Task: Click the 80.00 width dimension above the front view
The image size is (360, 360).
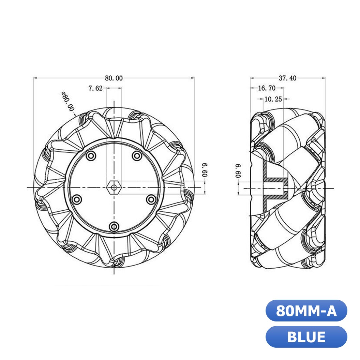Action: click(114, 78)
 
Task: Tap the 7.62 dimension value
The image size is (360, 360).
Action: click(95, 88)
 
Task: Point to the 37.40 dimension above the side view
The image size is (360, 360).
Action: click(287, 78)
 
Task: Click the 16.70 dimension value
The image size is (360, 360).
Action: click(266, 88)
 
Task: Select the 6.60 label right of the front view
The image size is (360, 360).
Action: click(205, 169)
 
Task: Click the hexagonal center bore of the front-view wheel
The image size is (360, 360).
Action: click(114, 187)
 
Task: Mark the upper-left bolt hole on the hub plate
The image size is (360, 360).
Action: click(91, 156)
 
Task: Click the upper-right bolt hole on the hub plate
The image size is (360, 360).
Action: click(137, 156)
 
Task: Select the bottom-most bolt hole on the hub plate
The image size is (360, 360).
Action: click(114, 226)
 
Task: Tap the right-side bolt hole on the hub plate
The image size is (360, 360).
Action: click(150, 199)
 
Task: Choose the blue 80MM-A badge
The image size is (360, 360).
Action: click(306, 311)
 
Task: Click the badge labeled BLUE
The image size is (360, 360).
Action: click(306, 337)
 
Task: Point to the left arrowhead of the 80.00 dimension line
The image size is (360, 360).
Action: click(35, 78)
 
